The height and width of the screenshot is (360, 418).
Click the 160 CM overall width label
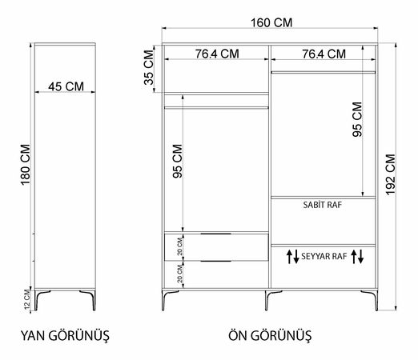[x=271, y=22]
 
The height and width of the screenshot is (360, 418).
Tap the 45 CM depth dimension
[x=66, y=86]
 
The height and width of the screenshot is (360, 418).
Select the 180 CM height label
[x=26, y=165]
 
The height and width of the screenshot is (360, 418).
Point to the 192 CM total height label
[x=391, y=174]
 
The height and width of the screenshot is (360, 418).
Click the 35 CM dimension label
[x=149, y=68]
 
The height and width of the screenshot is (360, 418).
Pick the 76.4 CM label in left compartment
[x=217, y=54]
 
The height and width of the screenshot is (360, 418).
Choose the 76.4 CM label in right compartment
[x=324, y=54]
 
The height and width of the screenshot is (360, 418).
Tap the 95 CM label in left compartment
[x=178, y=161]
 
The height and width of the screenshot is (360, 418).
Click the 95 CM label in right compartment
[x=357, y=119]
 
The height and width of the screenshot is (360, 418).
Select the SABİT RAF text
[x=323, y=205]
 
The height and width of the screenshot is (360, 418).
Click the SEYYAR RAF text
[x=324, y=256]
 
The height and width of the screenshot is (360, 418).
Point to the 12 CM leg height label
[x=27, y=299]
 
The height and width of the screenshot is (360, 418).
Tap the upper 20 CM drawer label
[x=180, y=246]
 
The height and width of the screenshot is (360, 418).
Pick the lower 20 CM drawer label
[x=180, y=274]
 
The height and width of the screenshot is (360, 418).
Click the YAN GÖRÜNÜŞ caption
[x=65, y=335]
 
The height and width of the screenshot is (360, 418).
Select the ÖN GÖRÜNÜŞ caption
[x=270, y=335]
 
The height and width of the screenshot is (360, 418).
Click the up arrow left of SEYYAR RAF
[x=289, y=257]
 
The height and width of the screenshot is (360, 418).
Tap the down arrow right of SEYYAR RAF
[x=360, y=257]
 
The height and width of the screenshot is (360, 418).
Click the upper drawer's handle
[x=216, y=234]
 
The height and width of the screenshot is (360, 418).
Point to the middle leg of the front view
[x=267, y=300]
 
